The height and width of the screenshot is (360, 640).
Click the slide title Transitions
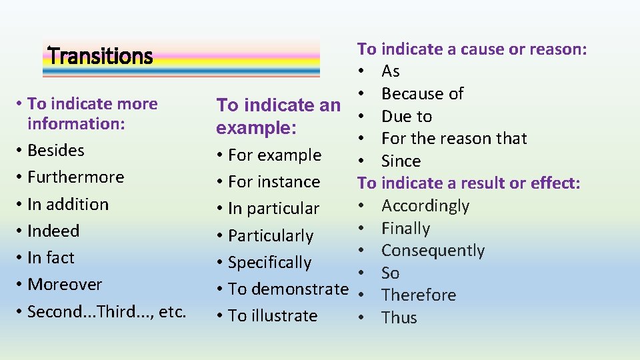click(101, 56)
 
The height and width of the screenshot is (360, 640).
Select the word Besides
click(56, 151)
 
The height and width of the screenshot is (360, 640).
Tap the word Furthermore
click(76, 177)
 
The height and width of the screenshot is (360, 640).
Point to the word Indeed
click(53, 231)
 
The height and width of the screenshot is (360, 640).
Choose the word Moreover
click(65, 285)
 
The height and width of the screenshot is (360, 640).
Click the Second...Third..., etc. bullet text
click(107, 311)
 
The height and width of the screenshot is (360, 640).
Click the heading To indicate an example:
click(279, 116)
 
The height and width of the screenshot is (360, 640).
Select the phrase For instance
click(274, 182)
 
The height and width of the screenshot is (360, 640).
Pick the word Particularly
click(271, 236)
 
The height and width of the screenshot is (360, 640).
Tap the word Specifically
click(270, 263)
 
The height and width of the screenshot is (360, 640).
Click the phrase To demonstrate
click(288, 289)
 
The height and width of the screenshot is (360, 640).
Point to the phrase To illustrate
click(273, 316)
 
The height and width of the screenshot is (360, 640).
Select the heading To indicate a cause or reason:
click(472, 49)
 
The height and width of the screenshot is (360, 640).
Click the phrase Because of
click(422, 94)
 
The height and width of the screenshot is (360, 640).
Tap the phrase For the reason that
click(454, 139)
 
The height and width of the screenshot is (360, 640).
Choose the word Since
click(401, 161)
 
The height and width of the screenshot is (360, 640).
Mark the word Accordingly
click(425, 206)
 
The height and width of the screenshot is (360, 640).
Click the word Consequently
click(433, 251)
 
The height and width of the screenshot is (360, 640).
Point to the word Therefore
click(419, 295)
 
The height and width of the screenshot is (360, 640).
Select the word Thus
click(399, 318)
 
